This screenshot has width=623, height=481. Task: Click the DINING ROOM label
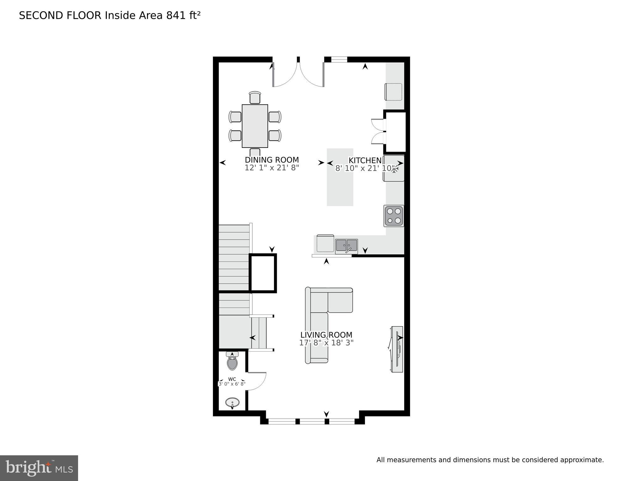[x=272, y=160]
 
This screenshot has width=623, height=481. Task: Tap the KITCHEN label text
[x=365, y=160]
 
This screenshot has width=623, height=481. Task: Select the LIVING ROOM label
[x=326, y=335]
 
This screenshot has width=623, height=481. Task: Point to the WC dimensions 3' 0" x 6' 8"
[x=232, y=384]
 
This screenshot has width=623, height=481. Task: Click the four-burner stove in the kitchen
[x=393, y=216]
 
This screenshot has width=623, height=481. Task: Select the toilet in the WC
[x=232, y=362]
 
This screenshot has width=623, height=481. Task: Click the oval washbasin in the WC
[x=232, y=402]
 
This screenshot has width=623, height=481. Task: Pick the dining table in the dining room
[x=255, y=126]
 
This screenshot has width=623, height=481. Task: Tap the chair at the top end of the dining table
[x=255, y=97]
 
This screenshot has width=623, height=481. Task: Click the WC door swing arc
[x=259, y=382]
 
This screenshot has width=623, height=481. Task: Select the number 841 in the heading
[x=176, y=15]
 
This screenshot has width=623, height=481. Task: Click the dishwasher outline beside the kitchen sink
[x=325, y=243]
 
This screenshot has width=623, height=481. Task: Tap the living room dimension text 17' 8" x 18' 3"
[x=326, y=343]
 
